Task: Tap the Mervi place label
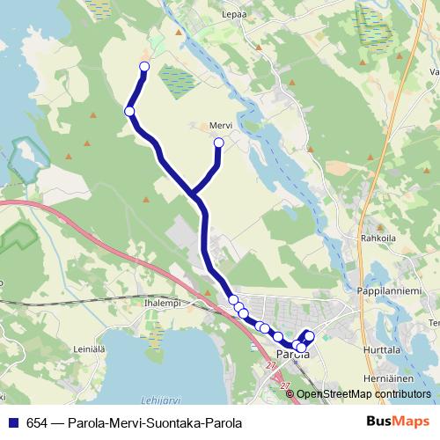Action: (x=220, y=125)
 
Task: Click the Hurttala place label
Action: (x=381, y=349)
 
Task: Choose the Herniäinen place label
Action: (x=381, y=378)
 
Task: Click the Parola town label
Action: (x=292, y=355)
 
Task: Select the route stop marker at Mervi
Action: (x=219, y=142)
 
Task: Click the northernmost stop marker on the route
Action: (x=144, y=67)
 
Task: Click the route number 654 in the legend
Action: (x=38, y=422)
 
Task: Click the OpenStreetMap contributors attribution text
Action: (x=363, y=393)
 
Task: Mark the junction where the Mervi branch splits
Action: (x=193, y=191)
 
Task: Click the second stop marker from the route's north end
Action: (x=129, y=111)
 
